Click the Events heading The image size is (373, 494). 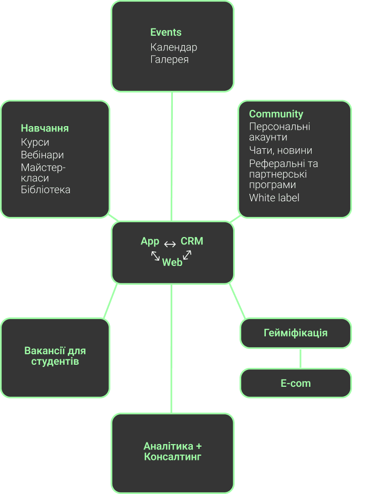click(x=165, y=32)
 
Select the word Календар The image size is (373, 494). click(x=173, y=47)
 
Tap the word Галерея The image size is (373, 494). click(x=169, y=59)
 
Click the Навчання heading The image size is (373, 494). click(x=45, y=128)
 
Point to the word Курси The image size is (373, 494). click(x=35, y=142)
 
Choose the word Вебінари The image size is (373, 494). click(x=42, y=155)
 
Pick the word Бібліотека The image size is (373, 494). click(x=45, y=190)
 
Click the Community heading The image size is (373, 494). click(x=276, y=114)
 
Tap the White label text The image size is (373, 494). click(x=274, y=198)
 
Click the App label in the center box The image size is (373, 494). click(x=150, y=241)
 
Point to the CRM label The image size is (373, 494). click(x=192, y=241)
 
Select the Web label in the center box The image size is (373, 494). click(x=172, y=262)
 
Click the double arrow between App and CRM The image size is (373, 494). click(x=170, y=244)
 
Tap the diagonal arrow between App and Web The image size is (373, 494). click(x=156, y=255)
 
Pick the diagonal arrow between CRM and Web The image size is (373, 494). click(x=187, y=255)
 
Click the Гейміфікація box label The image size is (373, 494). click(x=295, y=333)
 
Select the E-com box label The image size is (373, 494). click(x=295, y=383)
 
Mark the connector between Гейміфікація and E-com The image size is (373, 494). click(x=300, y=358)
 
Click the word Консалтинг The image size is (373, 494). click(x=172, y=457)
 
